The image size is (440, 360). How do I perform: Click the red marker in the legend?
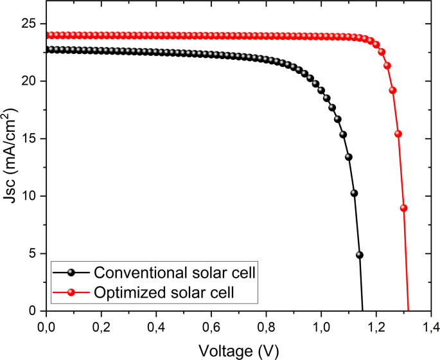71,292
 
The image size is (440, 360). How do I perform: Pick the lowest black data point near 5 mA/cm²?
360,255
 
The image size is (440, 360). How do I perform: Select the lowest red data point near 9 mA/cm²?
403,208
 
